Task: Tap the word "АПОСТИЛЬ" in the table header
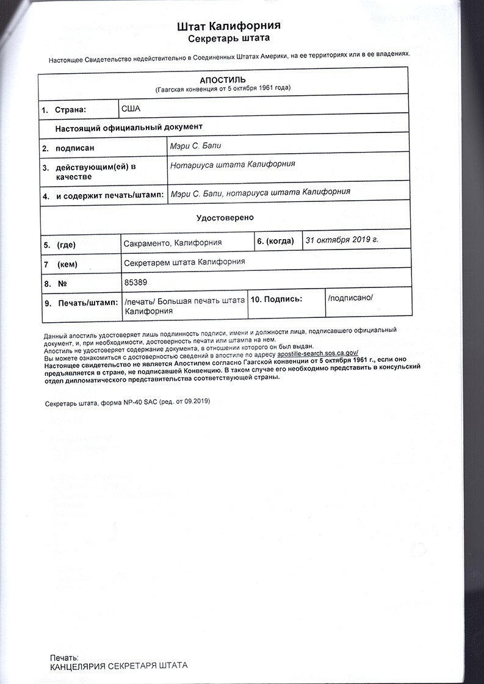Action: click(x=223, y=80)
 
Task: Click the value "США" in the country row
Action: click(x=131, y=109)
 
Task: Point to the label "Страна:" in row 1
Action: click(x=71, y=110)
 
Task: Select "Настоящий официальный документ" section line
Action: click(x=128, y=128)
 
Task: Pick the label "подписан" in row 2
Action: click(x=74, y=148)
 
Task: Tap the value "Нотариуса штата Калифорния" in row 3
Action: click(x=233, y=164)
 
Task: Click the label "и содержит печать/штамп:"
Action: click(x=109, y=196)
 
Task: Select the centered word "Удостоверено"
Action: click(x=225, y=217)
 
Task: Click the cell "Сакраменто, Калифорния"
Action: click(x=173, y=243)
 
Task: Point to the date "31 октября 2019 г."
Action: click(x=342, y=239)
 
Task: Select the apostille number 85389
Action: click(x=135, y=282)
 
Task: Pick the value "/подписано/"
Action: click(x=350, y=298)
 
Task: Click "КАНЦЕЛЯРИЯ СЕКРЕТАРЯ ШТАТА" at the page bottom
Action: click(x=118, y=666)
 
